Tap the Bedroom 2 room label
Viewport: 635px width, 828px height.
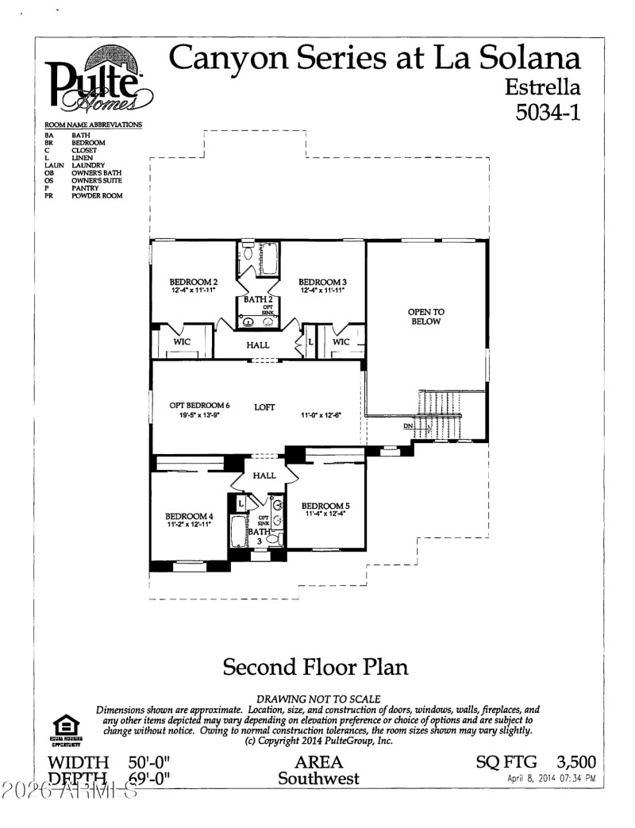click(193, 282)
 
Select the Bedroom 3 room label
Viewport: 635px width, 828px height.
click(322, 282)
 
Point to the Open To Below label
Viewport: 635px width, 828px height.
click(425, 317)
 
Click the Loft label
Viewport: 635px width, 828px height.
click(264, 407)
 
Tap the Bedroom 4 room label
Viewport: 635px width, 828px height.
click(189, 516)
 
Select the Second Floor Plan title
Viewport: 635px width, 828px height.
click(315, 666)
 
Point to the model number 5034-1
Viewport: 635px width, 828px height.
click(548, 112)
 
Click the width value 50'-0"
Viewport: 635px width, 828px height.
click(149, 763)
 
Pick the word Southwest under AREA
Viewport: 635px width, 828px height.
click(318, 778)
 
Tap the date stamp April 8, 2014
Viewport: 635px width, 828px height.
click(551, 780)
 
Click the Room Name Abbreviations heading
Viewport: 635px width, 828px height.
click(94, 125)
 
